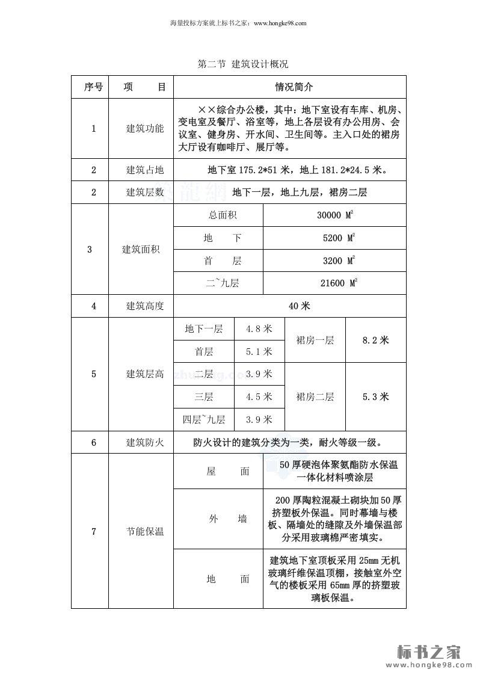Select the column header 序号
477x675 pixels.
[x=93, y=87]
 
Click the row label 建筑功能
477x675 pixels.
[x=144, y=128]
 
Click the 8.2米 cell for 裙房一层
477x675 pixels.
[x=375, y=340]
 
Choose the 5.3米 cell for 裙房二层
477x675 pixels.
[x=375, y=396]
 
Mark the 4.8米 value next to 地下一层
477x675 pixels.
[x=259, y=328]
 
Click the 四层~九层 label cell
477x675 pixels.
[x=204, y=419]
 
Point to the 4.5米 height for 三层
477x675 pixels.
[x=259, y=396]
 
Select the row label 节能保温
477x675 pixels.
[x=144, y=532]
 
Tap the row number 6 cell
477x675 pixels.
[x=93, y=442]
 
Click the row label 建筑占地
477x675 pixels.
[x=144, y=170]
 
